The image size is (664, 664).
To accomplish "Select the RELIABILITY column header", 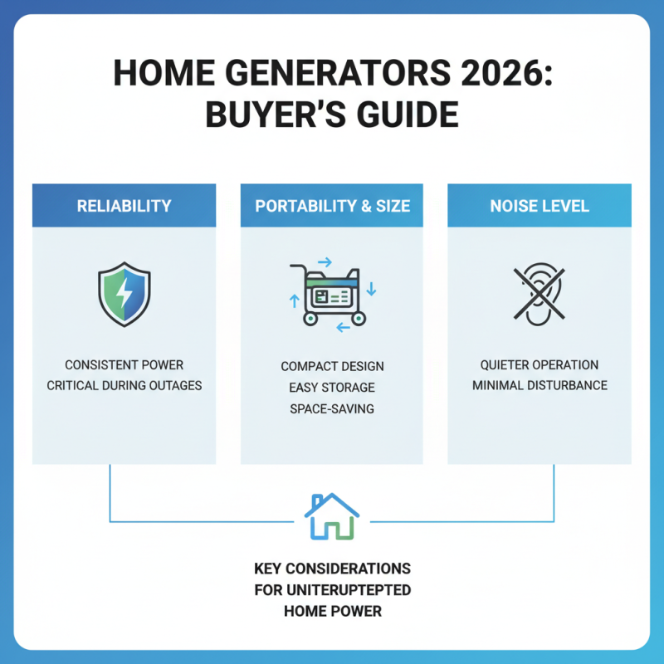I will click(124, 205).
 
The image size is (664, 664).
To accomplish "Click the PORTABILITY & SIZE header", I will click(332, 205).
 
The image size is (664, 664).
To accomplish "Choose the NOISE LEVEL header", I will click(539, 205).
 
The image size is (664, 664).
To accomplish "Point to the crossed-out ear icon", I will click(539, 293).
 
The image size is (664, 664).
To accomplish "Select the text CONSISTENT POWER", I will click(124, 365).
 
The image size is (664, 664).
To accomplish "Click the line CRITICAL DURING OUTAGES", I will click(124, 386).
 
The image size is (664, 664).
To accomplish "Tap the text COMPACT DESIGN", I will click(332, 366).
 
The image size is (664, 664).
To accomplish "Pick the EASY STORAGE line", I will click(332, 387).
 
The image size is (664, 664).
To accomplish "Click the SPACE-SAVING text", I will click(332, 408).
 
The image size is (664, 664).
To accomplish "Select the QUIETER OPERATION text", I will click(539, 365).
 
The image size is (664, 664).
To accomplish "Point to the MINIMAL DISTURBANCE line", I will click(539, 386).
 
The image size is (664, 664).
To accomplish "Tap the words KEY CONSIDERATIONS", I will click(332, 569).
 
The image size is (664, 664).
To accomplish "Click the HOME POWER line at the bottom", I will click(332, 612).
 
